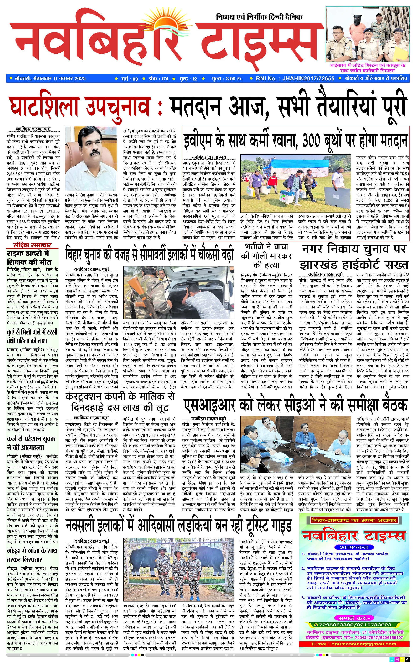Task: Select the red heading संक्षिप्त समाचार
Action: [32, 246]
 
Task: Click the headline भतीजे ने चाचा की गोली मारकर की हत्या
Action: [266, 256]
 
